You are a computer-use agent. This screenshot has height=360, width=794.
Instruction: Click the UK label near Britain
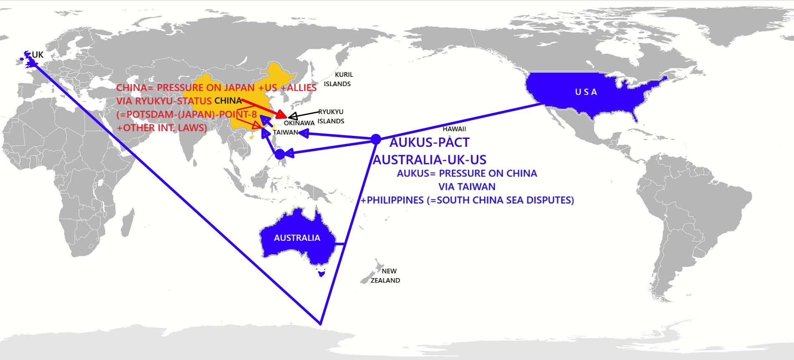[38, 55]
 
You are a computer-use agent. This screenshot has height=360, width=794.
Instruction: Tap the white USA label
[586, 92]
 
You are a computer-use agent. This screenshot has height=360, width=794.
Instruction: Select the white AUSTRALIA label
[297, 238]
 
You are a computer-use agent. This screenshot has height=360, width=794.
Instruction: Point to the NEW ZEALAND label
[386, 276]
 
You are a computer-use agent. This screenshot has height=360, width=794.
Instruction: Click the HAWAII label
[454, 129]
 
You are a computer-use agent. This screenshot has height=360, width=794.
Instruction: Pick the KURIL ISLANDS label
[338, 79]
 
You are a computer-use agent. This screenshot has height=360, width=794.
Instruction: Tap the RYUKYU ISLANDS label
[331, 116]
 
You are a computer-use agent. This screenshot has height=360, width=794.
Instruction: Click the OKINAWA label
[299, 123]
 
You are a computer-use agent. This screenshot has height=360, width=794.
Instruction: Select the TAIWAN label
[285, 132]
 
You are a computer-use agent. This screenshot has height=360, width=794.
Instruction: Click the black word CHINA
[228, 101]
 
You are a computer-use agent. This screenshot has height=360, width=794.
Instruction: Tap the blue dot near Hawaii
[376, 139]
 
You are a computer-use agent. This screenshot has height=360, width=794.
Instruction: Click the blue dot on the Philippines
[280, 154]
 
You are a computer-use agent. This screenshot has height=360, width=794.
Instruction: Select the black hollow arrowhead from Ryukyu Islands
[293, 116]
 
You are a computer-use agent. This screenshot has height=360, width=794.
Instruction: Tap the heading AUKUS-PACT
[429, 143]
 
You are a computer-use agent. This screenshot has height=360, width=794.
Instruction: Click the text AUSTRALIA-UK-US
[430, 160]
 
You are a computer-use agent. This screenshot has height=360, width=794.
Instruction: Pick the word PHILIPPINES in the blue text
[395, 200]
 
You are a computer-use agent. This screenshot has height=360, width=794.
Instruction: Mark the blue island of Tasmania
[321, 274]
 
